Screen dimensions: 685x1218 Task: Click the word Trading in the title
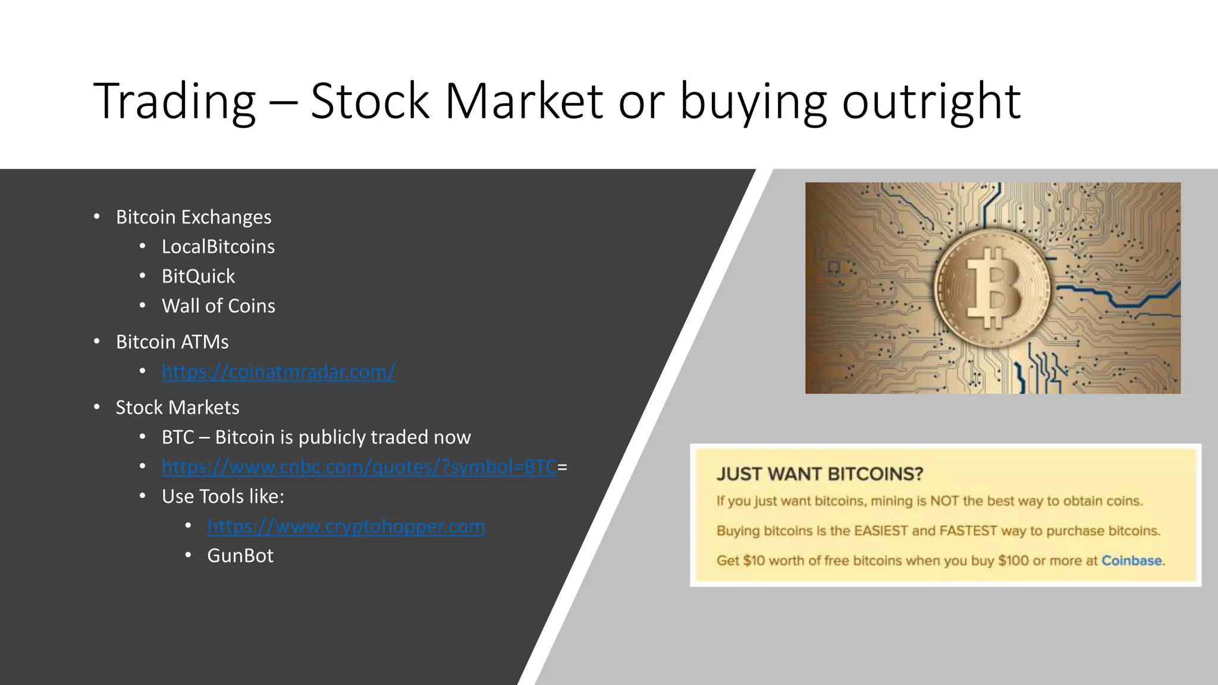[x=174, y=101]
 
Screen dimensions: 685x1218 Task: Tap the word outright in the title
[x=931, y=101]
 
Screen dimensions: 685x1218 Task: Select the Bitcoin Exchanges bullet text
[x=193, y=217]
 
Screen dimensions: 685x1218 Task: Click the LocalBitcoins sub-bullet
[x=218, y=247]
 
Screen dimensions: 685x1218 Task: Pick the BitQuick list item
[x=198, y=276]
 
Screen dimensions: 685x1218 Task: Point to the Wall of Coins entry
[x=218, y=306]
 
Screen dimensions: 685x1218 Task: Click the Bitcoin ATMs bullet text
[x=172, y=342]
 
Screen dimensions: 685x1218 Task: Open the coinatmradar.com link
[x=278, y=372]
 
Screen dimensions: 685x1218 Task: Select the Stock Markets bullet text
[x=177, y=407]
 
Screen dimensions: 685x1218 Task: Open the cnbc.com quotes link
[x=359, y=467]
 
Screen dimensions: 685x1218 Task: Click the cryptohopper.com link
[x=346, y=527]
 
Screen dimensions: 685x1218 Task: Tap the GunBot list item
[x=240, y=556]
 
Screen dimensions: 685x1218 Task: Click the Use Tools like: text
[x=222, y=497]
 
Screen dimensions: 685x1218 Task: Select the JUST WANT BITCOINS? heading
[x=820, y=474]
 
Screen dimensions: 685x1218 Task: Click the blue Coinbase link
[x=1131, y=561]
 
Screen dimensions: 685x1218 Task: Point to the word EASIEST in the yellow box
[x=881, y=531]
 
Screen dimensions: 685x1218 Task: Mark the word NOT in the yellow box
[x=944, y=501]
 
